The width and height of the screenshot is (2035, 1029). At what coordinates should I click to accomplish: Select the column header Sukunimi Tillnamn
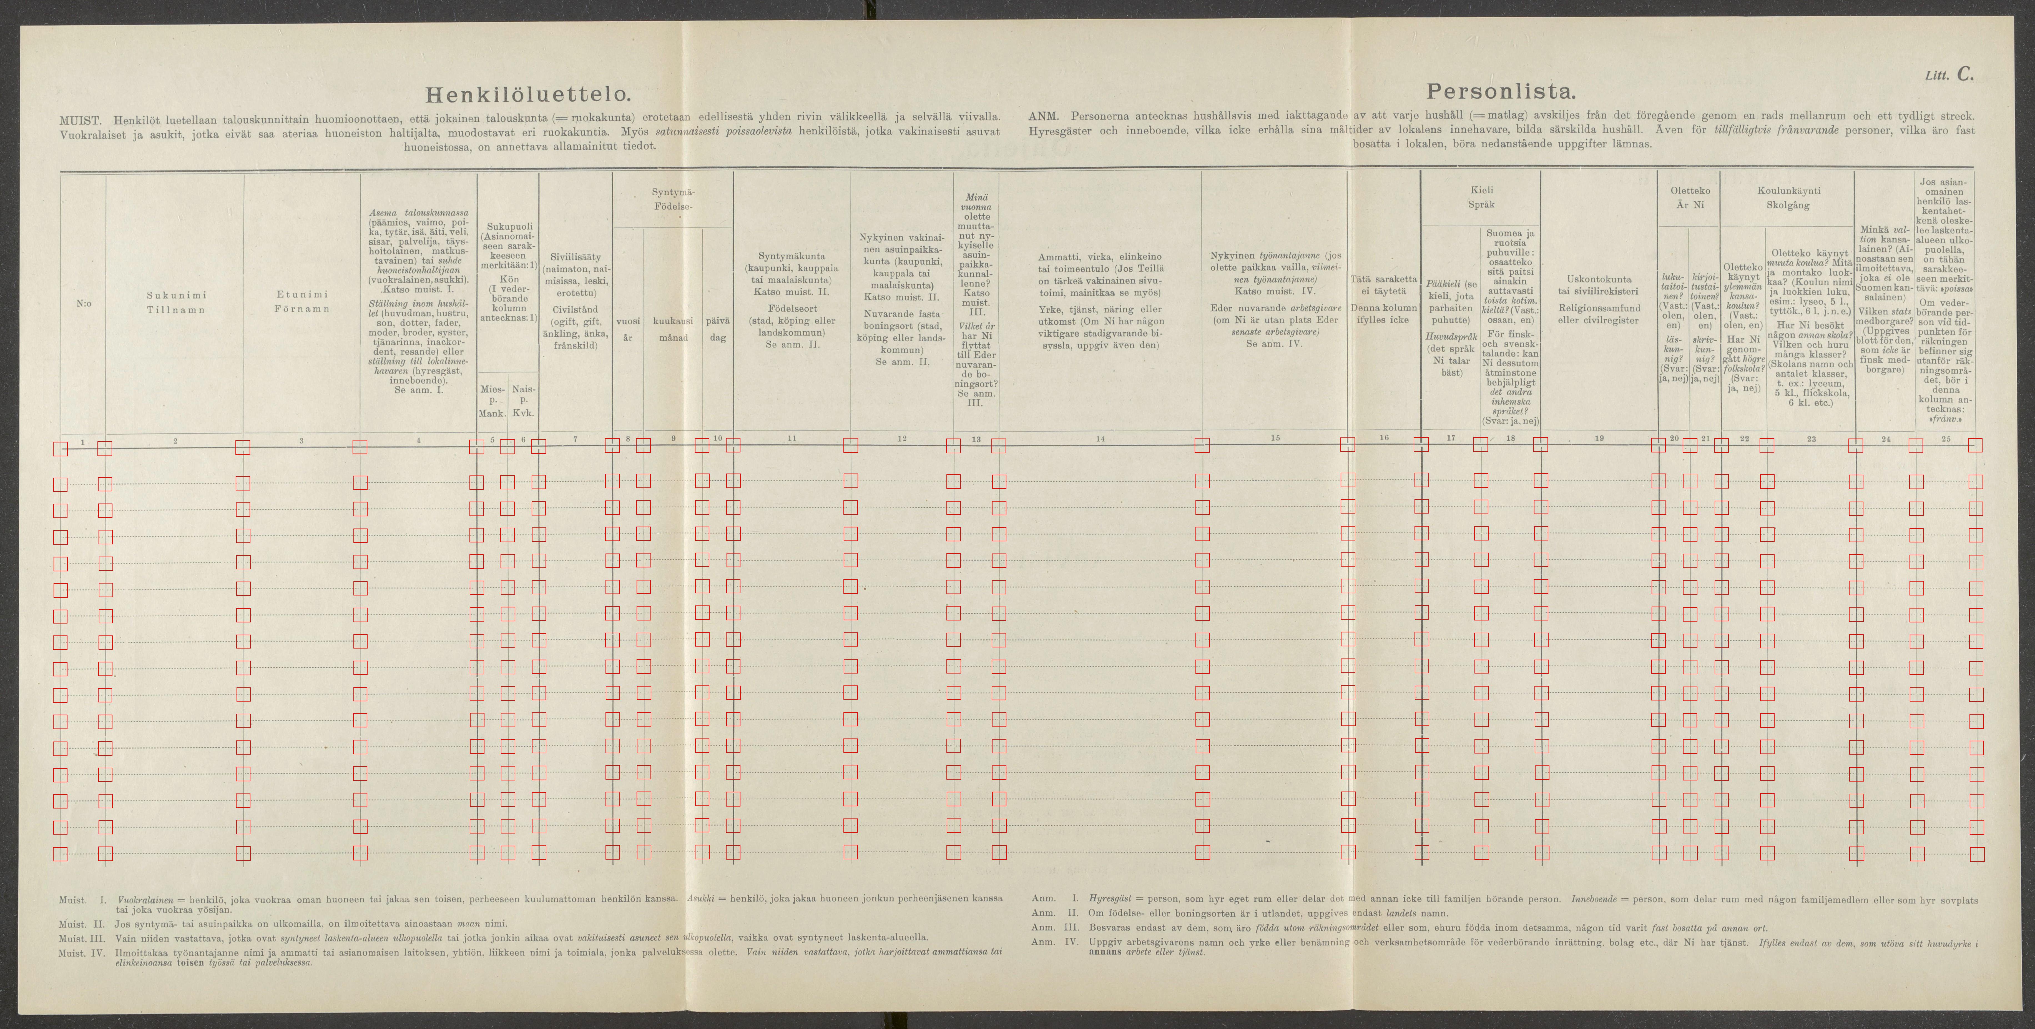tap(175, 303)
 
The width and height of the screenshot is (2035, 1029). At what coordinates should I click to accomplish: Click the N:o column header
tap(83, 303)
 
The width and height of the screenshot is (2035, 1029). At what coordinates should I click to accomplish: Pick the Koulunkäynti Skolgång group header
tap(1788, 197)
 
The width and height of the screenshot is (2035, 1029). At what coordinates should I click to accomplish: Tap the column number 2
tap(175, 440)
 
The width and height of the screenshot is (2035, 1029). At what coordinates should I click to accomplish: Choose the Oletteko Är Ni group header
tap(1690, 197)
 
